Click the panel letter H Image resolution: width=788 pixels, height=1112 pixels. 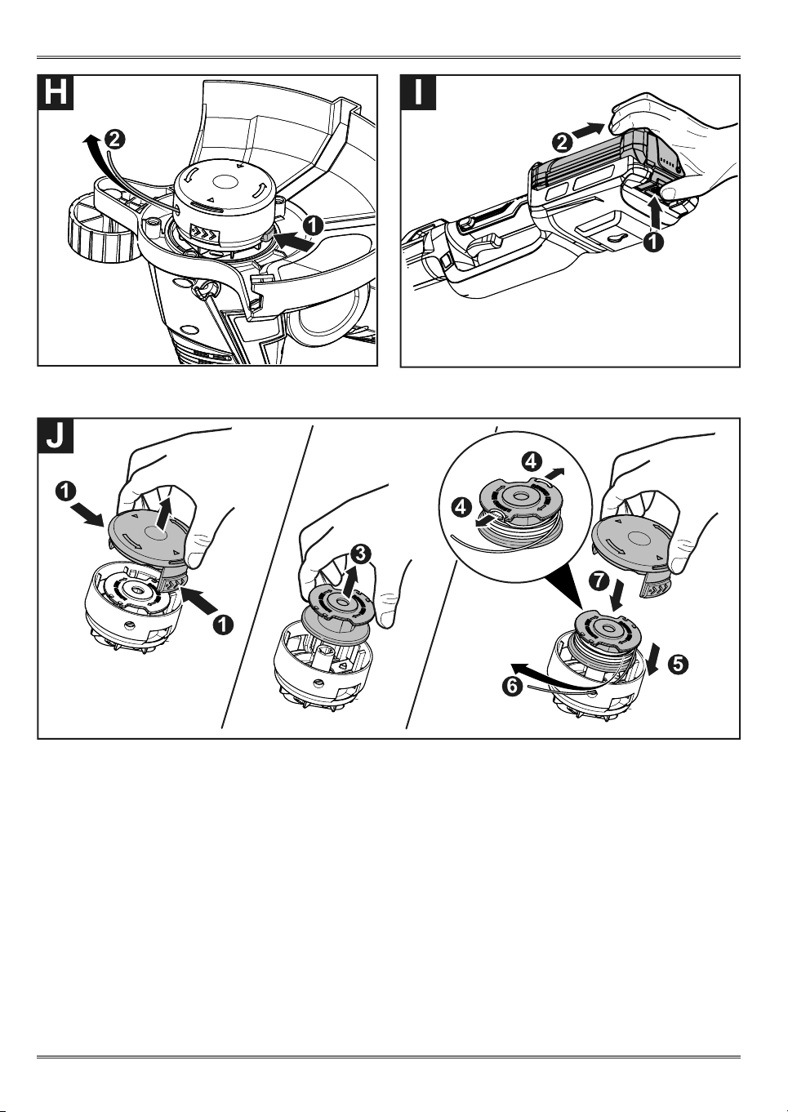click(56, 92)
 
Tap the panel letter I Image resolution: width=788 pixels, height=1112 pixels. click(419, 92)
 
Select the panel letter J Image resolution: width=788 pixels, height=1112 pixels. click(56, 435)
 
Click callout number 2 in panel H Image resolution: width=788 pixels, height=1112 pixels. click(114, 140)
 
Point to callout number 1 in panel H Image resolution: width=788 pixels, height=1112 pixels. click(313, 226)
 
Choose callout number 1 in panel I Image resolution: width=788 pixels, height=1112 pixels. click(654, 242)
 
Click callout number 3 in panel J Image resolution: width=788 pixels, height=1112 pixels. click(360, 554)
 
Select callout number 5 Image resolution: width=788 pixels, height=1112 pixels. click(678, 665)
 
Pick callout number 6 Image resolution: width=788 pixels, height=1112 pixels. click(514, 687)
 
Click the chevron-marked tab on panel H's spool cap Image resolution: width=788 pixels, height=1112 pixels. click(206, 231)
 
